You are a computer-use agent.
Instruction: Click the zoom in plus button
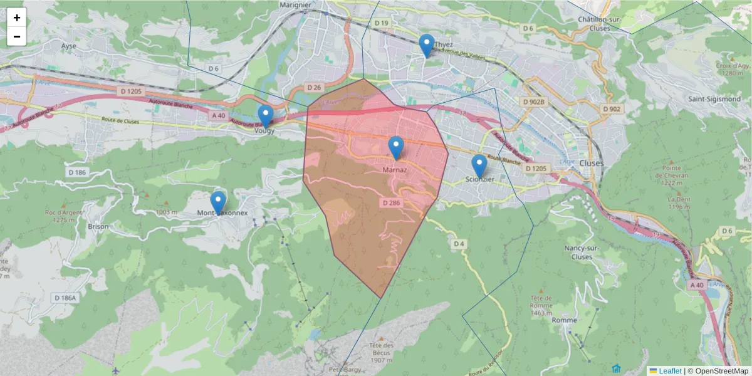pyautogui.click(x=17, y=18)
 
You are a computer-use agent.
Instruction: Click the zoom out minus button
pyautogui.click(x=17, y=36)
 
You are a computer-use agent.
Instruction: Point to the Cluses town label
pyautogui.click(x=592, y=163)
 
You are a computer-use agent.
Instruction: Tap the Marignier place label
pyautogui.click(x=296, y=5)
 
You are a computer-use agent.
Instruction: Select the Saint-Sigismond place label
pyautogui.click(x=714, y=99)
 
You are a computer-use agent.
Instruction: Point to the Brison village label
pyautogui.click(x=98, y=227)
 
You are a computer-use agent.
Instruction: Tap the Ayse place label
pyautogui.click(x=68, y=46)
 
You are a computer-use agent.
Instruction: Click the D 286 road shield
pyautogui.click(x=390, y=202)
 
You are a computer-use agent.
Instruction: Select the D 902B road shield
pyautogui.click(x=534, y=101)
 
